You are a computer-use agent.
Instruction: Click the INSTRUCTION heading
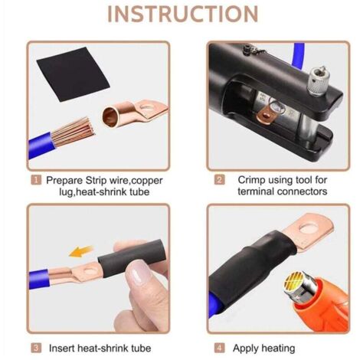(x=183, y=15)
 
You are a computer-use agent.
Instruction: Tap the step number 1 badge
(x=36, y=180)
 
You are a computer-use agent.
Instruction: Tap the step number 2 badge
(x=220, y=180)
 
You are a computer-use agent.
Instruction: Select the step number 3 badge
(x=36, y=348)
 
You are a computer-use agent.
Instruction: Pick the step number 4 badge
(x=220, y=348)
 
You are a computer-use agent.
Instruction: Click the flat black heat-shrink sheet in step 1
(x=74, y=74)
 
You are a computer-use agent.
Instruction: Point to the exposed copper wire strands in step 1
(x=74, y=132)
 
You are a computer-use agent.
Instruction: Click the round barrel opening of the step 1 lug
(x=110, y=116)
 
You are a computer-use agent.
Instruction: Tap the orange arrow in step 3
(x=81, y=251)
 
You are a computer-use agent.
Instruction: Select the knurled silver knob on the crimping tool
(x=318, y=80)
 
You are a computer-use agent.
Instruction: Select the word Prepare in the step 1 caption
(x=65, y=181)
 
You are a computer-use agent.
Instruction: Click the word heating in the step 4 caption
(x=278, y=349)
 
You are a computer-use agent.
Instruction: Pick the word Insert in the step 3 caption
(x=61, y=348)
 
